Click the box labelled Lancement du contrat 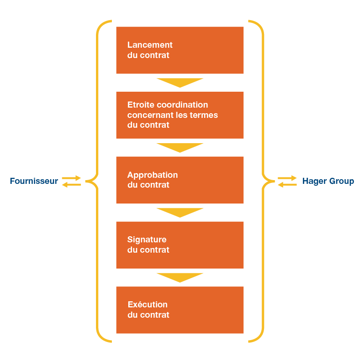click(180, 50)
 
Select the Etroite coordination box click(180, 115)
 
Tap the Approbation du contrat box click(180, 180)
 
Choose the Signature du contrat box click(180, 245)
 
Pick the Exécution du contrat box click(180, 310)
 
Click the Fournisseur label click(34, 181)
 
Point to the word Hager click(313, 181)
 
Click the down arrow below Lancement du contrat click(180, 83)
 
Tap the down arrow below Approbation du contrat click(180, 212)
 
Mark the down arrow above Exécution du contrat click(180, 277)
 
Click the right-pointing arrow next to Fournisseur click(72, 178)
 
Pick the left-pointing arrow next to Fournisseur click(72, 184)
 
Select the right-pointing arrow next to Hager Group click(287, 178)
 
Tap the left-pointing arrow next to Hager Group click(287, 184)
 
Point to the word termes click(205, 115)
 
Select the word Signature click(147, 240)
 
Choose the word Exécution click(147, 305)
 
